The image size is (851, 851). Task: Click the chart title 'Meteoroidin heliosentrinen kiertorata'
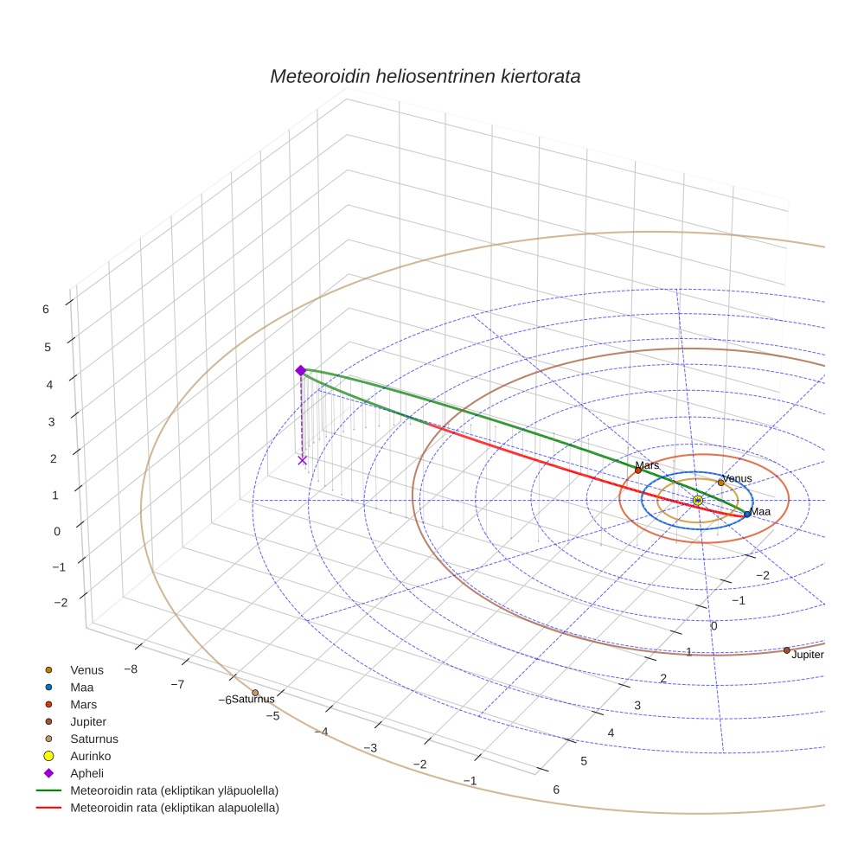point(425,76)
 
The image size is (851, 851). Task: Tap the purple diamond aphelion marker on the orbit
point(301,370)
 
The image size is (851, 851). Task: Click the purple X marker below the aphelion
point(302,460)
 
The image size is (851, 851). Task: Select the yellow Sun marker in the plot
point(698,501)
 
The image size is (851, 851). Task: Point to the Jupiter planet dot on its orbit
point(786,649)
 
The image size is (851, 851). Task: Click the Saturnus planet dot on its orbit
point(255,692)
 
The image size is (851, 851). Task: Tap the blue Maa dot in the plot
point(747,514)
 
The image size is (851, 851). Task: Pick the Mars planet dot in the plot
point(638,470)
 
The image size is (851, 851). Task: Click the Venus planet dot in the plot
point(720,483)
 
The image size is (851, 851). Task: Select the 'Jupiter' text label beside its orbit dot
point(807,655)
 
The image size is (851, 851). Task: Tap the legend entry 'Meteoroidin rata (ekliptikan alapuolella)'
point(174,808)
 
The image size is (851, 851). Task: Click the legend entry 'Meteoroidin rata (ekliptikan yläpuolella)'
point(174,790)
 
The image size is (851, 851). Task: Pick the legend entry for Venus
point(86,669)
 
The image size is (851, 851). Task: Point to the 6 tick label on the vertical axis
point(45,308)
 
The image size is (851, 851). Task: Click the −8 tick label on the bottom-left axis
point(131,669)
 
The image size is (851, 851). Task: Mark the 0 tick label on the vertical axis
point(57,531)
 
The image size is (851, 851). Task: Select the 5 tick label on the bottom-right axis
point(584,761)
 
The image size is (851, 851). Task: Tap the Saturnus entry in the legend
point(93,739)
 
